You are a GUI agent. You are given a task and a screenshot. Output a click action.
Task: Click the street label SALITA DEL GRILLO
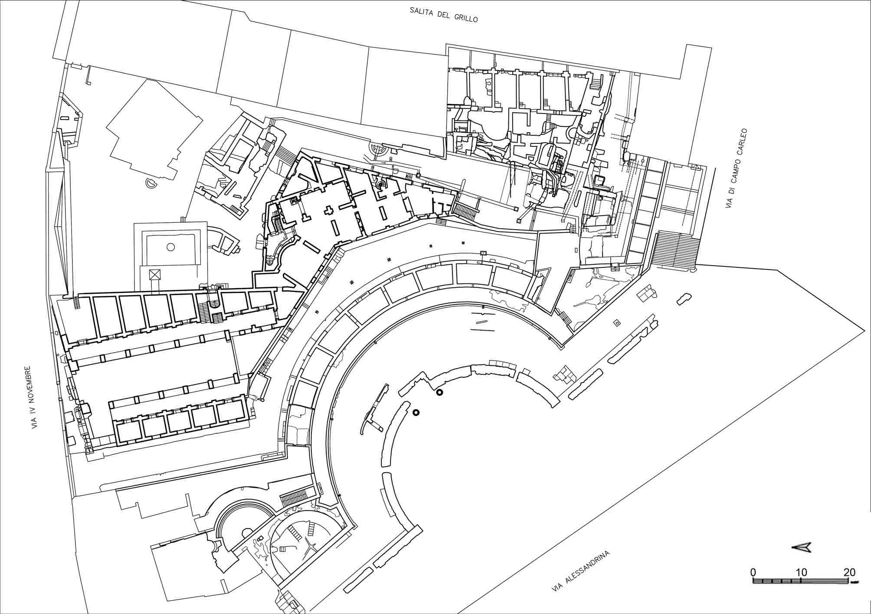tap(444, 14)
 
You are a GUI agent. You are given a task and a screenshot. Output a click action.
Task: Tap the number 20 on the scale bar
tap(849, 572)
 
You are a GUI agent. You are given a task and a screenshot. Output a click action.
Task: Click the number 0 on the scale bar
tap(754, 572)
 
